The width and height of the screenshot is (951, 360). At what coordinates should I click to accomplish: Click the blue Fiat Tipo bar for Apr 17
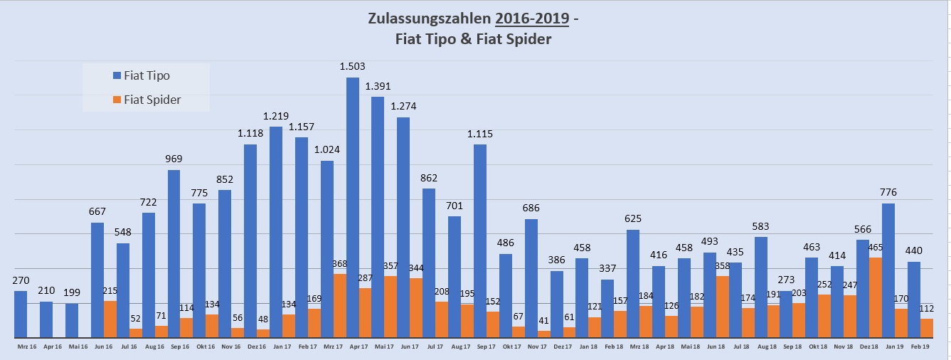coord(352,206)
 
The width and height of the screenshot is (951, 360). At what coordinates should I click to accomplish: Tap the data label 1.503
coord(352,66)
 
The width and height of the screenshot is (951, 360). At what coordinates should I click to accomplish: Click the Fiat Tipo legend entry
coord(146,75)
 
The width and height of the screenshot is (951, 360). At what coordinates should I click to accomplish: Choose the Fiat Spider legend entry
coord(152,100)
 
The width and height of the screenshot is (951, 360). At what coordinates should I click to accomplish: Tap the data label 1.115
coord(480,134)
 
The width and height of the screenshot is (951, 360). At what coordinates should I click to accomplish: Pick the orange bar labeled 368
coord(339,306)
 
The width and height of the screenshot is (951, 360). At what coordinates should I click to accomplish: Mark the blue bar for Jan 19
coord(888,270)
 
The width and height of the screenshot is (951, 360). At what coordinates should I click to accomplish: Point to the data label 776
coord(888,192)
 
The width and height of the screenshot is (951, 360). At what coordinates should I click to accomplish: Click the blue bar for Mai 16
coord(72,320)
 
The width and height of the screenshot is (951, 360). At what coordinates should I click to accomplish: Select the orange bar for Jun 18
coord(722,307)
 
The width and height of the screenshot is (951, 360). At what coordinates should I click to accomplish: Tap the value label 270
coord(21,280)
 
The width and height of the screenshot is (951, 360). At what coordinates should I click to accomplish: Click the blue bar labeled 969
coord(174,253)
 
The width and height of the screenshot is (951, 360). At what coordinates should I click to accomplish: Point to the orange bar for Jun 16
coord(110,319)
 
